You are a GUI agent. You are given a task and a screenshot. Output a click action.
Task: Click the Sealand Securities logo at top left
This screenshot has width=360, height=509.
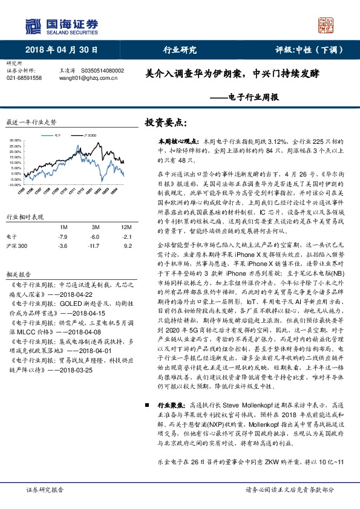pyautogui.click(x=61, y=25)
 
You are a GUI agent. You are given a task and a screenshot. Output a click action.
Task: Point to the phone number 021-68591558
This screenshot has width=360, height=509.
pyautogui.click(x=24, y=78)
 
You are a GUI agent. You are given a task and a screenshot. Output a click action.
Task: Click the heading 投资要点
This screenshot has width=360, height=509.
pyautogui.click(x=164, y=123)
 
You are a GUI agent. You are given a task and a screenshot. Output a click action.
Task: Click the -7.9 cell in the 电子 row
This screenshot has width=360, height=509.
pyautogui.click(x=62, y=236)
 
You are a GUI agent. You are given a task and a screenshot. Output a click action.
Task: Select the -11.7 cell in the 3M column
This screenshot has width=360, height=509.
pyautogui.click(x=93, y=247)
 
